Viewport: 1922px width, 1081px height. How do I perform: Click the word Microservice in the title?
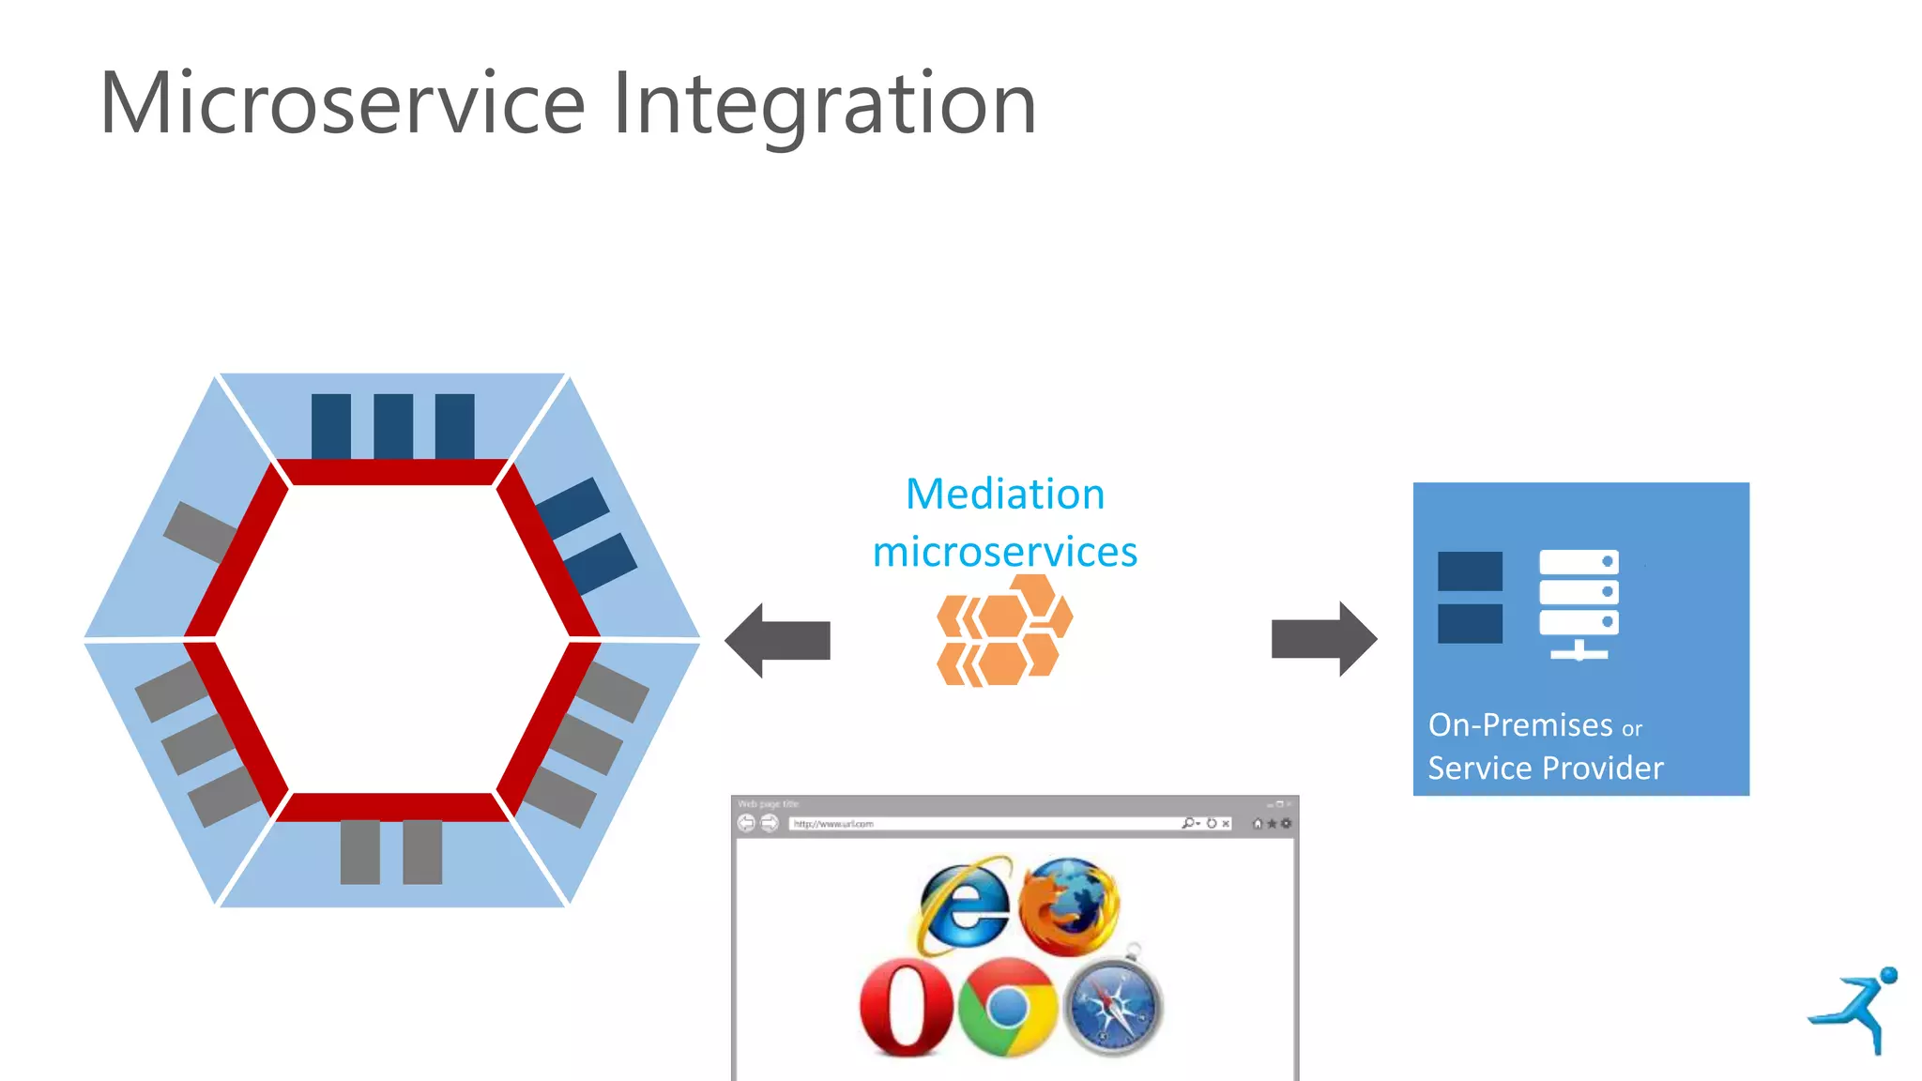(343, 103)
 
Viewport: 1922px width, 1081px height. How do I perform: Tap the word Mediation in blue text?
(1005, 495)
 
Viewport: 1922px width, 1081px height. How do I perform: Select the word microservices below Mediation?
(1005, 552)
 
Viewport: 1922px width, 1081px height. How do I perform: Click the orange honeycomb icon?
(1004, 631)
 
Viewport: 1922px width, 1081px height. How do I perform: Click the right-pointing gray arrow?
(1324, 639)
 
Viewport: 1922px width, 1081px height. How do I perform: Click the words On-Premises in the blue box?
(1519, 725)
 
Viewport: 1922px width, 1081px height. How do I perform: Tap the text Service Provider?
(1545, 769)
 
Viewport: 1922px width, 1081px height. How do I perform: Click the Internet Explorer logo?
(965, 905)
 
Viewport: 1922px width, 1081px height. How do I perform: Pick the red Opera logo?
(906, 1007)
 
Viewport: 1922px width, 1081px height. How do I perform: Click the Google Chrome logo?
(1008, 1008)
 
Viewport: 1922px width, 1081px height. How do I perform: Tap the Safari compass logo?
(1113, 1006)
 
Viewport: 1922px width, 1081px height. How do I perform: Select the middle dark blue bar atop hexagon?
(393, 426)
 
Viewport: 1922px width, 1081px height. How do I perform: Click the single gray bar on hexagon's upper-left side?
(200, 532)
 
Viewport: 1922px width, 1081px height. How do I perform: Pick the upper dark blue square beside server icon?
(1470, 571)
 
